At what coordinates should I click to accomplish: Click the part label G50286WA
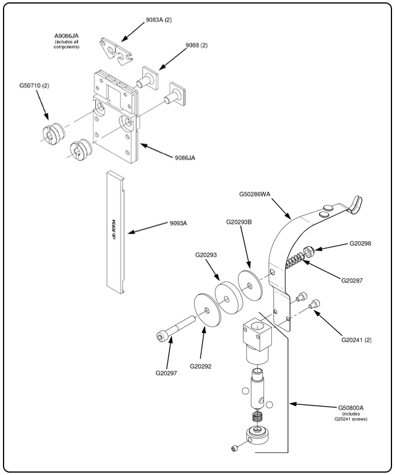coord(258,192)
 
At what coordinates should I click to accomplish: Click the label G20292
coord(204,366)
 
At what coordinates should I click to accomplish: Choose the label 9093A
coord(177,223)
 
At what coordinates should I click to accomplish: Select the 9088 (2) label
coord(196,45)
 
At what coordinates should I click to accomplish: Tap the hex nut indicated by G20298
coord(309,252)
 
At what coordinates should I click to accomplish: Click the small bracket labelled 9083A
coord(115,47)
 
